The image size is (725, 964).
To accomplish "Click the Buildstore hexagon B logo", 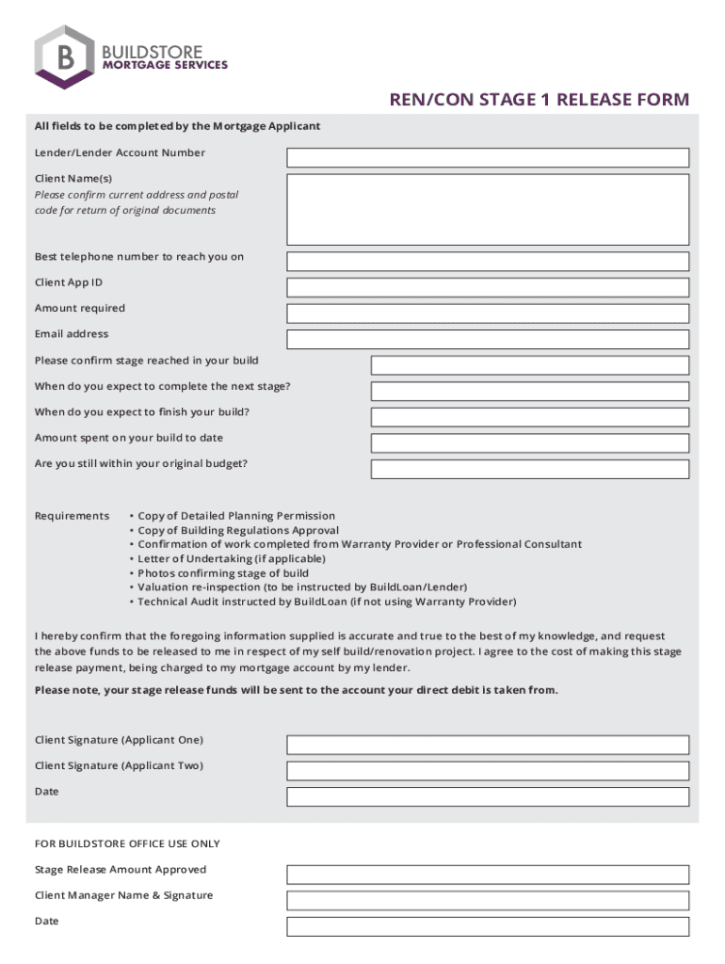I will (x=64, y=57).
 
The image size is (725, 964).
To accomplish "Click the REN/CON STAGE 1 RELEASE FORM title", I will (x=540, y=100).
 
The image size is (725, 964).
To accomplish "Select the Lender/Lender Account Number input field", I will (x=488, y=157).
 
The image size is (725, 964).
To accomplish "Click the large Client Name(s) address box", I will (x=488, y=209).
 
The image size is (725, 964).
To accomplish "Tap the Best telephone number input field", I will (x=488, y=262).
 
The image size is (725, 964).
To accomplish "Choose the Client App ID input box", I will (x=488, y=287).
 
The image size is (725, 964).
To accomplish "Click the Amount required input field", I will (x=488, y=313).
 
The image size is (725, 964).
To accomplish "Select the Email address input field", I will (x=488, y=339).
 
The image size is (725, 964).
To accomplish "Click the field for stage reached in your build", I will (x=529, y=365).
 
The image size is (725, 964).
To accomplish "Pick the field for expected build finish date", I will (x=529, y=417).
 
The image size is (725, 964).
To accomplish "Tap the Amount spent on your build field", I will (x=529, y=442).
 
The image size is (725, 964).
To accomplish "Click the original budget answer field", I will (x=529, y=469).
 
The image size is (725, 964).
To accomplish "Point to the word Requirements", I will (x=72, y=516).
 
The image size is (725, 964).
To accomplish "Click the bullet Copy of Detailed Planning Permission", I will (x=235, y=516).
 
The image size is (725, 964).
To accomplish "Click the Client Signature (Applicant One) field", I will (x=488, y=745).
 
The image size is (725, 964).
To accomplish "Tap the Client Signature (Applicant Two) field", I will (x=488, y=771).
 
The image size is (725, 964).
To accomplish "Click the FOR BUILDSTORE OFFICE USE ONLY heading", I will (x=127, y=843).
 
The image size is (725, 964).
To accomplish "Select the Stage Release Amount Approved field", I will (x=488, y=875).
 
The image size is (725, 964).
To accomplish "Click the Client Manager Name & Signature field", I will (x=488, y=900).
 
